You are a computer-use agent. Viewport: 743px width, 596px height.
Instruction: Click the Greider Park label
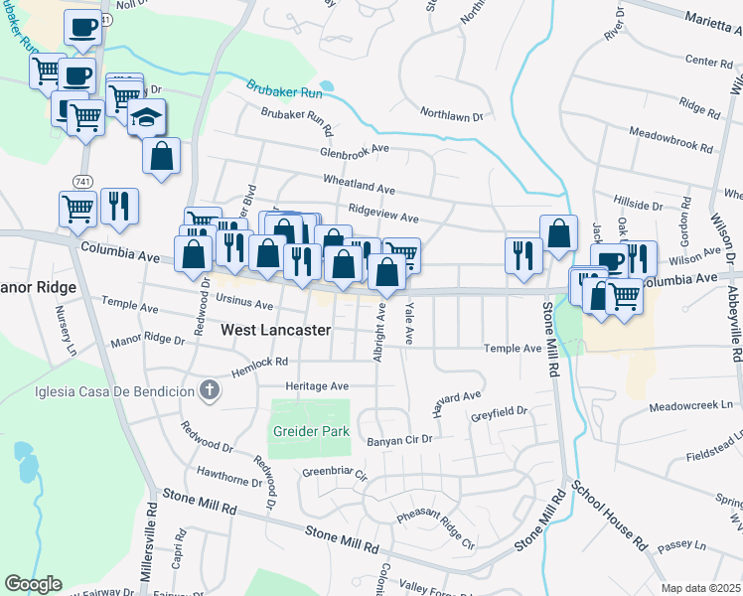310,432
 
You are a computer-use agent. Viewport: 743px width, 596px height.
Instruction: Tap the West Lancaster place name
275,330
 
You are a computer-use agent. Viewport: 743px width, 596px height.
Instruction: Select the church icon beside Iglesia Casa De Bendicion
208,391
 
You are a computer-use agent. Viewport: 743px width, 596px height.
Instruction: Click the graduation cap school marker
147,116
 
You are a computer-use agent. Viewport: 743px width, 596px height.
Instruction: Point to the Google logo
33,584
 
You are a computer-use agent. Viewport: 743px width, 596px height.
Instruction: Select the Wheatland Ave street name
359,186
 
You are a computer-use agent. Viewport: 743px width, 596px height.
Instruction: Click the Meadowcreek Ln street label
695,406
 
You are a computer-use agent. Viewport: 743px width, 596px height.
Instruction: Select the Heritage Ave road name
317,385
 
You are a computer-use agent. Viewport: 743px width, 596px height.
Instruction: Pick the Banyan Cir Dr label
400,438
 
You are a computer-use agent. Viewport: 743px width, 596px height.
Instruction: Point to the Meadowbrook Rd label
671,139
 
